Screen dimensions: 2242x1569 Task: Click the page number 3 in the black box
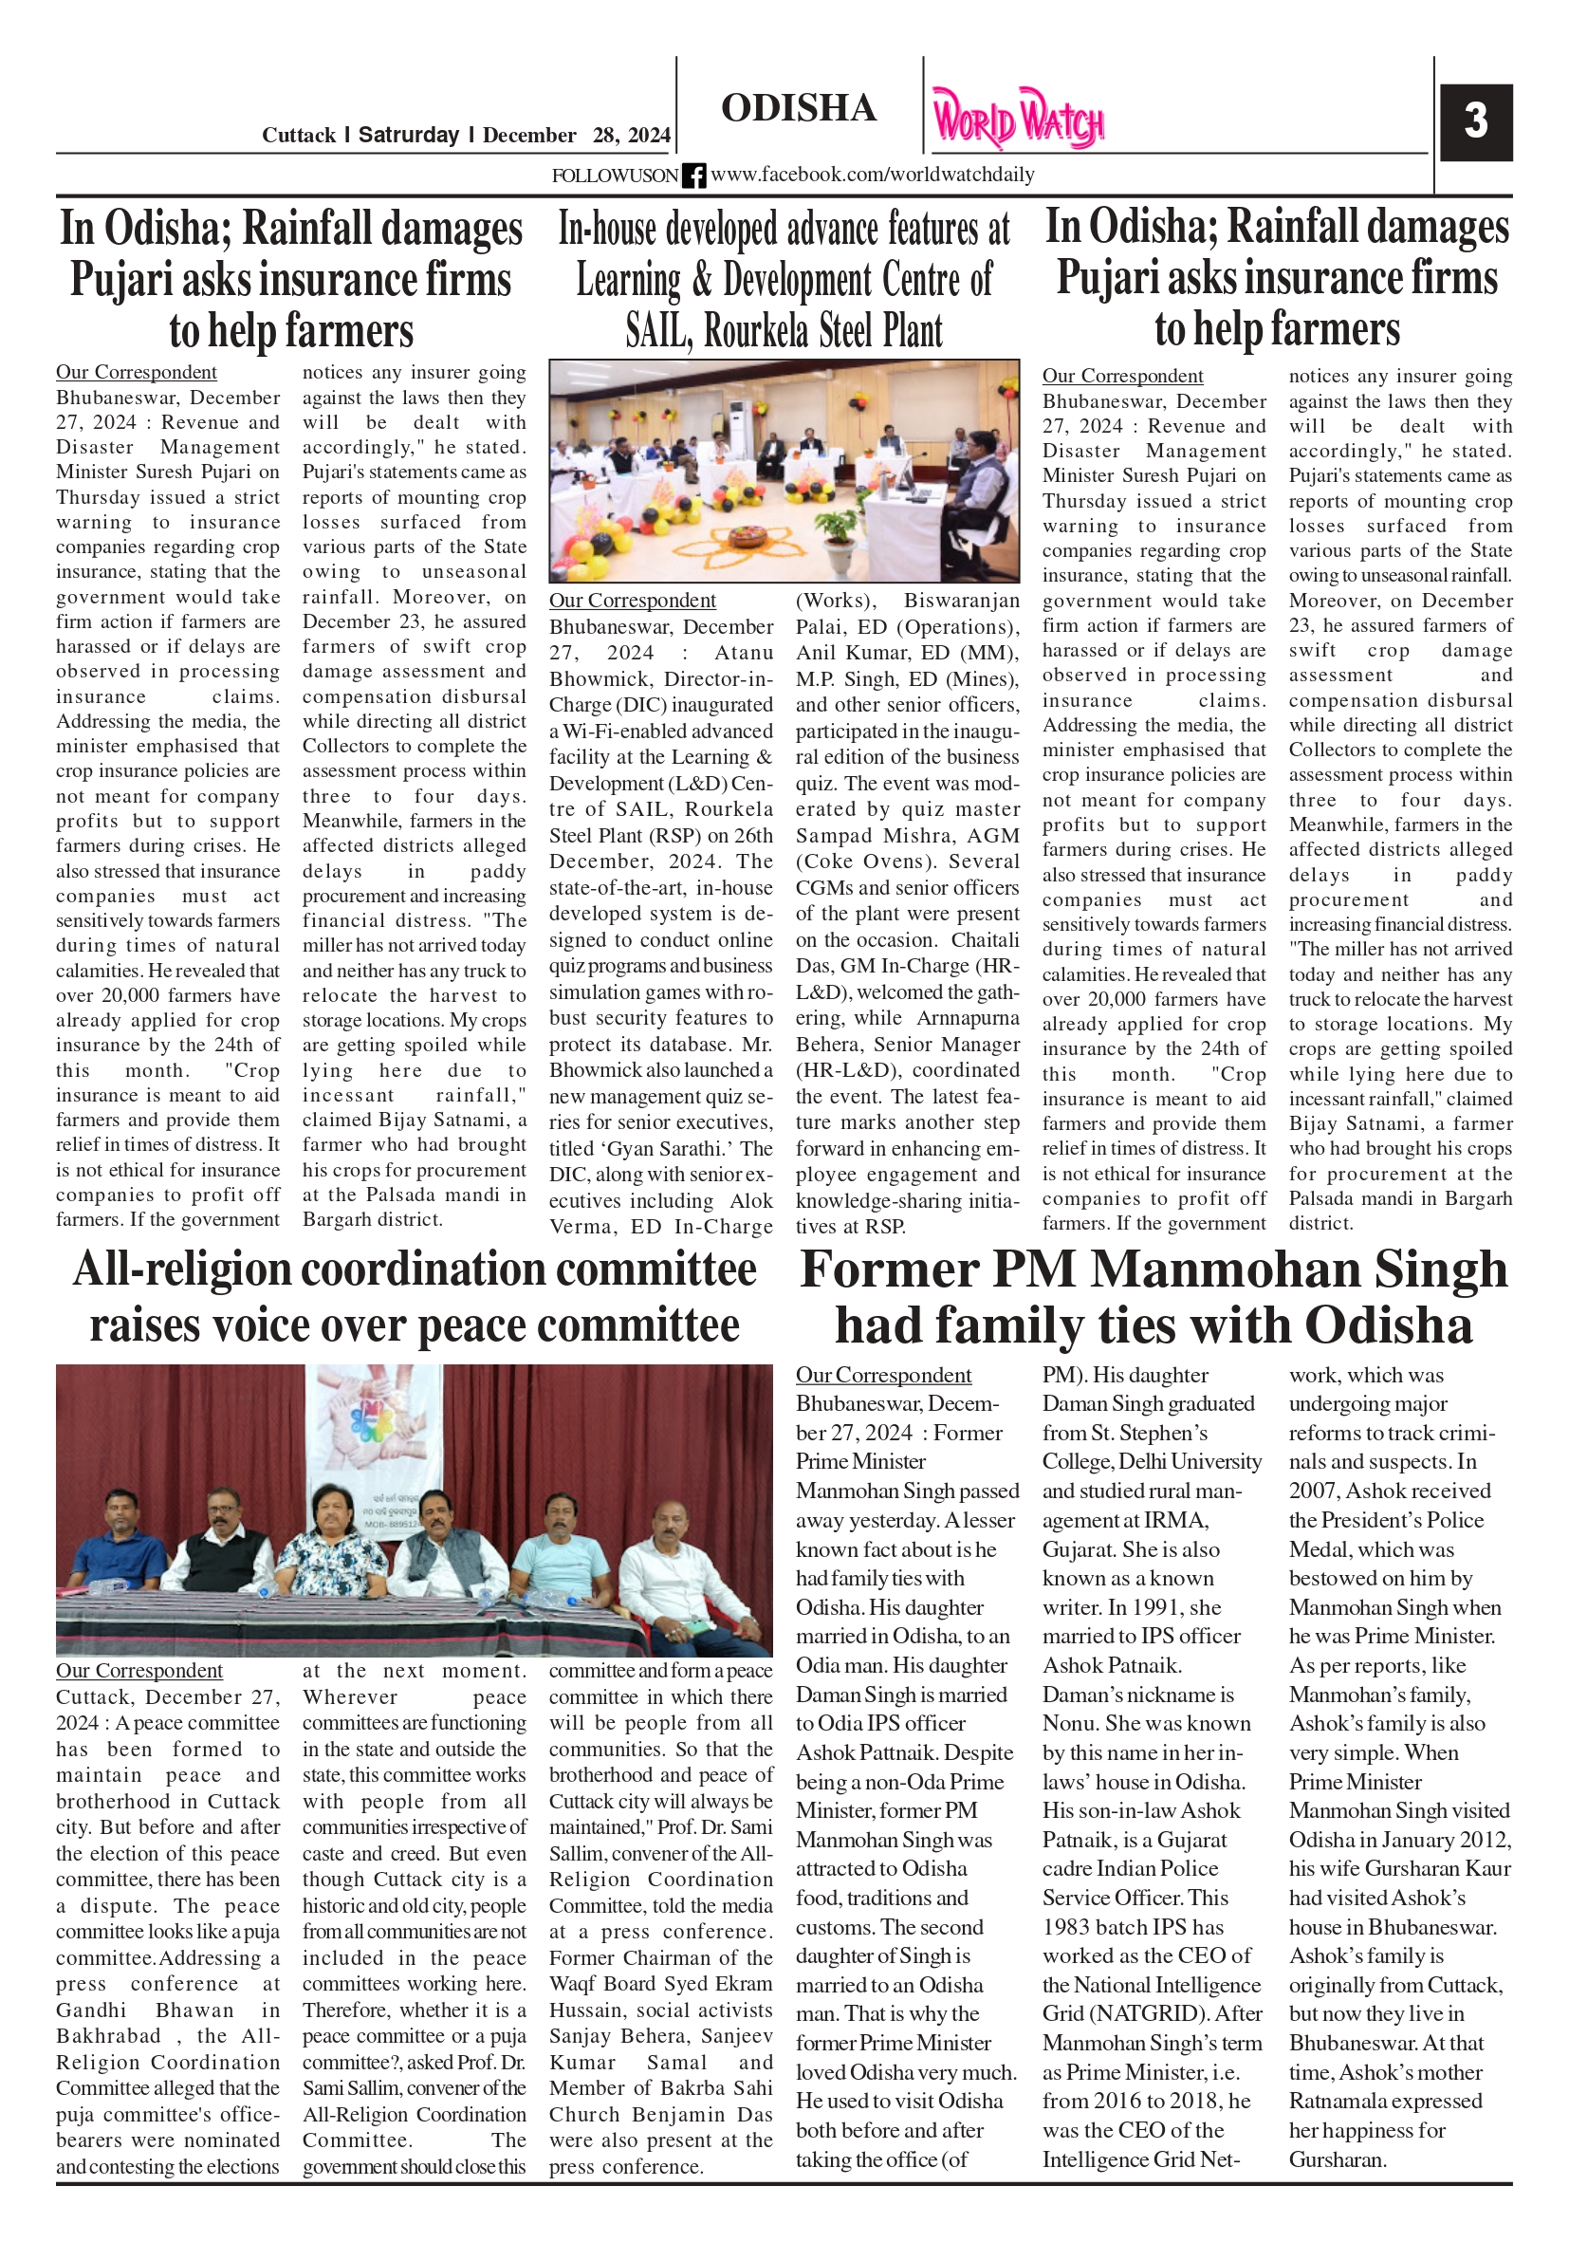point(1474,121)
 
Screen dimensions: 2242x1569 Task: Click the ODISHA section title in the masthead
point(798,107)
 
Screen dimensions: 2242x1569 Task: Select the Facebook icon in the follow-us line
point(693,176)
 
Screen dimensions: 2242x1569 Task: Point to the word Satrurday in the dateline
point(408,135)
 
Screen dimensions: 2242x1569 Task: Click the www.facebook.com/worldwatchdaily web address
point(872,175)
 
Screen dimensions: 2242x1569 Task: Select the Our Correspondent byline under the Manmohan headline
point(882,1375)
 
